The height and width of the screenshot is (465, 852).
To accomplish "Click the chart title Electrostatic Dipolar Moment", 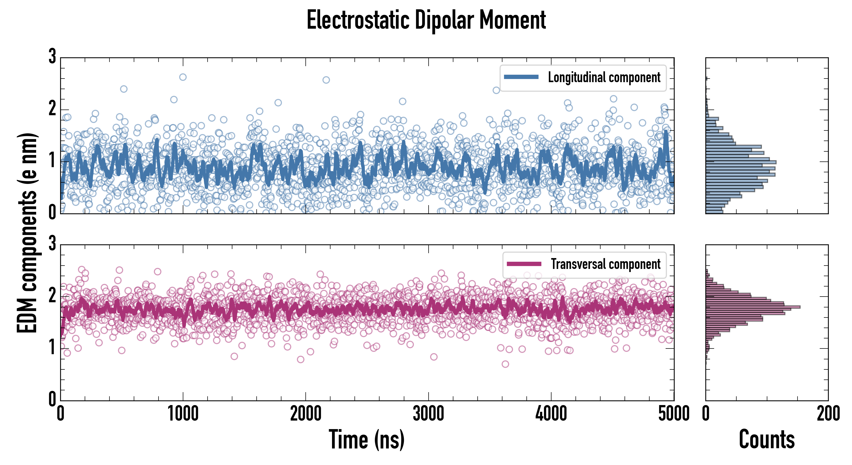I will click(x=426, y=20).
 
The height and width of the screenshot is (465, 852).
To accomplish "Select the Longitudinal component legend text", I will click(x=604, y=78).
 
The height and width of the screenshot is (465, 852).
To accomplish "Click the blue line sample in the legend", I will click(x=521, y=77).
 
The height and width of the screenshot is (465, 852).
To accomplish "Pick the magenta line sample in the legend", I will click(x=524, y=264).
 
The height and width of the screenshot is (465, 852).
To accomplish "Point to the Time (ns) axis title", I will click(x=366, y=439).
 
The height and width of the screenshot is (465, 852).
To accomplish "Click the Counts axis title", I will click(x=767, y=439).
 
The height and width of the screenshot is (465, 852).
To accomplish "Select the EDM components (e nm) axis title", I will click(x=27, y=233).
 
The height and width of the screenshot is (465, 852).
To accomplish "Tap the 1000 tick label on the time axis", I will click(x=183, y=414).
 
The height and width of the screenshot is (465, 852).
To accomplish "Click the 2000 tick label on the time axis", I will click(x=306, y=414).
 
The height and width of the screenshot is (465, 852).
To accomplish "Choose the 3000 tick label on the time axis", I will click(x=428, y=414).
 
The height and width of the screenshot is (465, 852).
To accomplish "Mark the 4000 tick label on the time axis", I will click(x=551, y=414).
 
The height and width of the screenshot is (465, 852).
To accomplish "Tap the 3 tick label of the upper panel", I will click(x=52, y=56).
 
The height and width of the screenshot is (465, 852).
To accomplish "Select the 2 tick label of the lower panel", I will click(x=52, y=295).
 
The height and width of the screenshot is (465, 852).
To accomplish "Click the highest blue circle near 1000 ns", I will click(x=183, y=77).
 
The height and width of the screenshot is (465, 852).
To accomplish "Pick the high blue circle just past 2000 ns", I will click(x=326, y=80).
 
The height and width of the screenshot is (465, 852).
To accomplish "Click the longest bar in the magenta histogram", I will click(x=753, y=307).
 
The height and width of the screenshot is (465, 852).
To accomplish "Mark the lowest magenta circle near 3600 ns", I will click(x=505, y=364).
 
